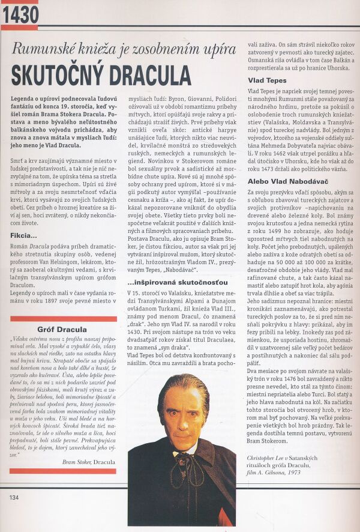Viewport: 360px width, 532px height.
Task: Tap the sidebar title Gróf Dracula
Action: pos(62,330)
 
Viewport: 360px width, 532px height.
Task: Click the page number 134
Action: pos(14,497)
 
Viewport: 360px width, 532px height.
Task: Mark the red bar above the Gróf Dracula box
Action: pos(63,319)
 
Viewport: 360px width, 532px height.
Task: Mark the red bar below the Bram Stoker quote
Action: pos(63,471)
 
